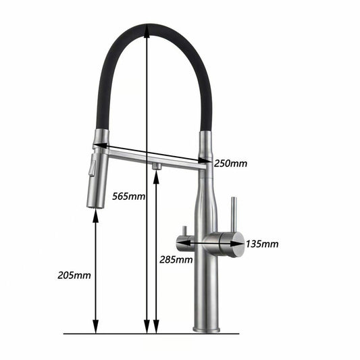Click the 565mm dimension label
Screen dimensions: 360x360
(x=128, y=197)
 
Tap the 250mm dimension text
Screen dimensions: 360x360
(x=230, y=163)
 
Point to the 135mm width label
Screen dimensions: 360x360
(x=261, y=244)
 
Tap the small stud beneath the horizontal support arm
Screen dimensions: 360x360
(x=156, y=165)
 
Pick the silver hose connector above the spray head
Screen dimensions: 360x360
(x=101, y=138)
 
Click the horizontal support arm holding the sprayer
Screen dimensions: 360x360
(x=155, y=158)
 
